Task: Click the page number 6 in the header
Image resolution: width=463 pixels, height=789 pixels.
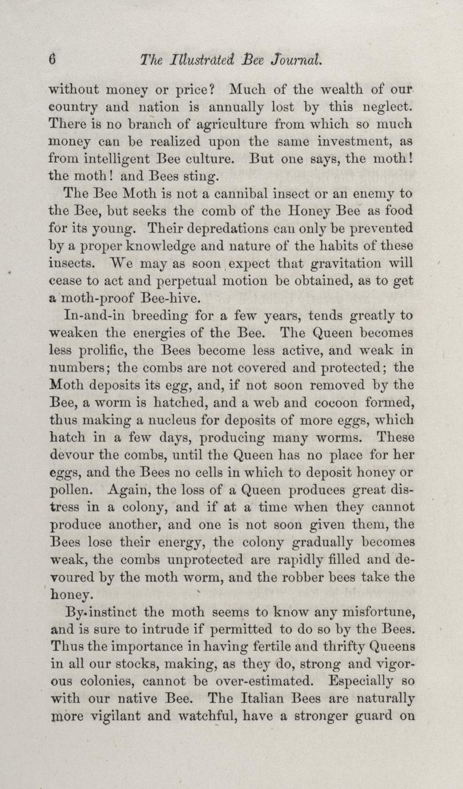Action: tap(53, 59)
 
